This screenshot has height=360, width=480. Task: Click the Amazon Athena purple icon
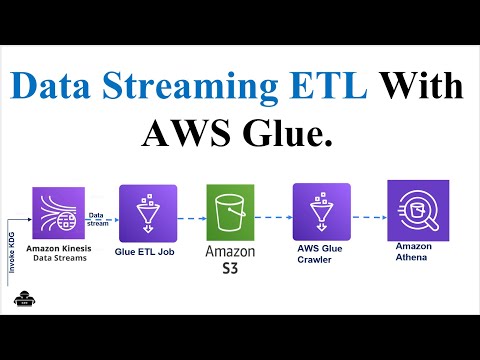(418, 206)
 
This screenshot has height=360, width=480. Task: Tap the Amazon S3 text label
(231, 259)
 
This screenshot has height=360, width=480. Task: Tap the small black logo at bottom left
(21, 303)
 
